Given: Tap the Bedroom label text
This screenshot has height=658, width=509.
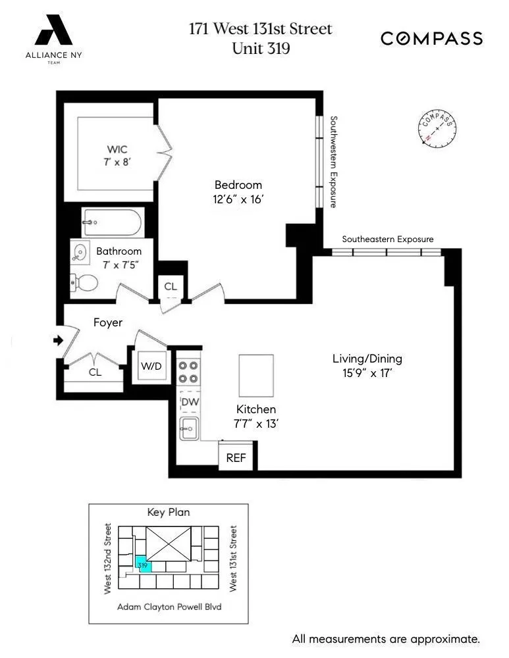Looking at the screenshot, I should [x=238, y=185].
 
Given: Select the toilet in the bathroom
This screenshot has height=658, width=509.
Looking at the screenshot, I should [x=85, y=283].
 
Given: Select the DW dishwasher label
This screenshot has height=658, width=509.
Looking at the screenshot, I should [x=190, y=402].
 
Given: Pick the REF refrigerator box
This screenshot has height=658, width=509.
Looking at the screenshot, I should [x=236, y=457].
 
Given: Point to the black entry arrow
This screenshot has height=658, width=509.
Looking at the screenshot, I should [x=58, y=340].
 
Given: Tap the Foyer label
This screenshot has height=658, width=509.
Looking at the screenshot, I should [x=108, y=322].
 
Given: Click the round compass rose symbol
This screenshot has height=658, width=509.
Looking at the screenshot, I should [x=437, y=129].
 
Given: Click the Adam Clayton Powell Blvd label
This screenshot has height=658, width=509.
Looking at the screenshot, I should [x=168, y=607].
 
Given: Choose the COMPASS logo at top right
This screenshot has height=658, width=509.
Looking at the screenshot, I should [x=431, y=39].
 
